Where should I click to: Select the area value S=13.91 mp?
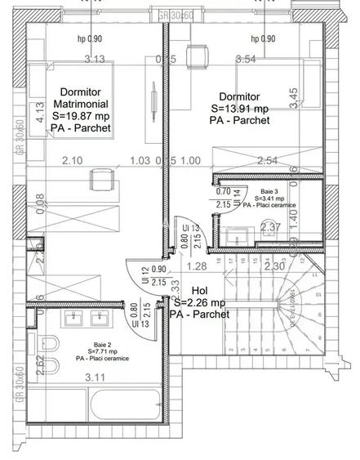point(239,109)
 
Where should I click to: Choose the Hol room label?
point(200,290)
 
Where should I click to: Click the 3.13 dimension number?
point(96,59)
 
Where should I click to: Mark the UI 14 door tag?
point(238,194)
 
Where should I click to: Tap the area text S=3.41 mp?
point(268,198)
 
